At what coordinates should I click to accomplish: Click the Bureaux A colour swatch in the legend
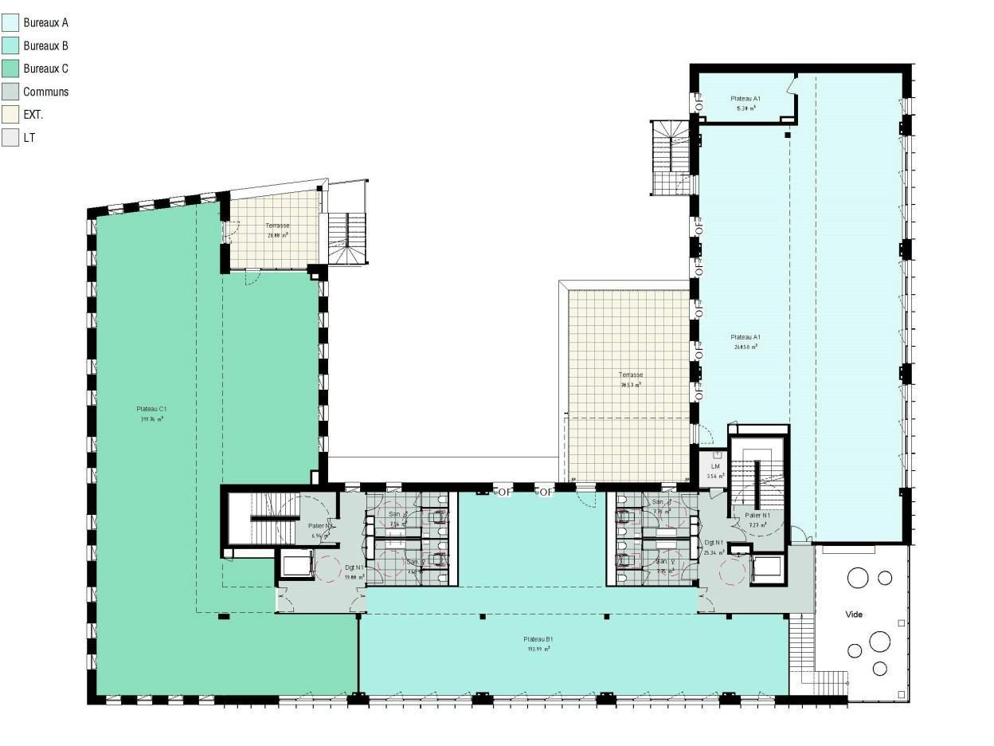[x=10, y=23]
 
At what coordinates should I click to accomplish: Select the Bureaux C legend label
[x=45, y=69]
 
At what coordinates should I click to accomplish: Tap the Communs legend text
[x=45, y=92]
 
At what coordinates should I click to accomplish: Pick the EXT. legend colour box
[x=10, y=115]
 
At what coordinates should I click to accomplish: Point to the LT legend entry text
[x=29, y=138]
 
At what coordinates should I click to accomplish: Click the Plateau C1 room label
[x=151, y=409]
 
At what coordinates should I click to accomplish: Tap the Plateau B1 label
[x=538, y=639]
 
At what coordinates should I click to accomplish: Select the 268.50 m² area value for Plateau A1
[x=745, y=347]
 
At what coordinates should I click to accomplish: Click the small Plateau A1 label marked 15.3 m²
[x=745, y=99]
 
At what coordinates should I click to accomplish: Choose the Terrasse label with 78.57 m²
[x=631, y=375]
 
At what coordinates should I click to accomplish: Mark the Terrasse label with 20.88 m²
[x=278, y=226]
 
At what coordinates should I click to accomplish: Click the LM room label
[x=715, y=466]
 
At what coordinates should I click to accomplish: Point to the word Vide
[x=854, y=614]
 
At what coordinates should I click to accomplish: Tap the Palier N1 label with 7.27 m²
[x=757, y=515]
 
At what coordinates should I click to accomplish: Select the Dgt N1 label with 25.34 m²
[x=714, y=542]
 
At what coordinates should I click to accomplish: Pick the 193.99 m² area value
[x=538, y=649]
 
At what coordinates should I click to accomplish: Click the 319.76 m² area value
[x=151, y=418]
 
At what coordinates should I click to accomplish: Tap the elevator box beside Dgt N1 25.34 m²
[x=766, y=568]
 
